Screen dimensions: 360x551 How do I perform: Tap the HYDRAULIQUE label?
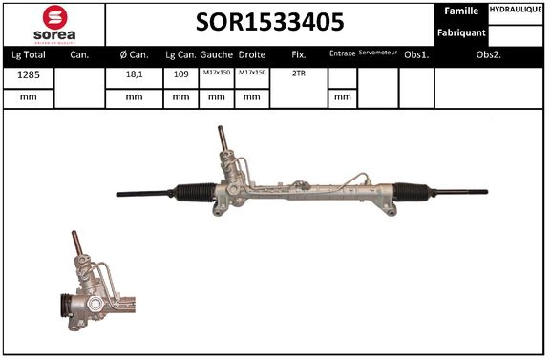pyautogui.click(x=517, y=9)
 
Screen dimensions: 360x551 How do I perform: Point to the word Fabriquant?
pyautogui.click(x=461, y=33)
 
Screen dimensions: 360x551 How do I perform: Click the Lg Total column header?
pyautogui.click(x=29, y=54)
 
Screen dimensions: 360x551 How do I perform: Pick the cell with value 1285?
pyautogui.click(x=29, y=74)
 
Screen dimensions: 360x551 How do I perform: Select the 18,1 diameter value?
pyautogui.click(x=133, y=74)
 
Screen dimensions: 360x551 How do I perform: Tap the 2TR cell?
pyautogui.click(x=298, y=74)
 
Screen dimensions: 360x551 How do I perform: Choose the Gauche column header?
pyautogui.click(x=218, y=54)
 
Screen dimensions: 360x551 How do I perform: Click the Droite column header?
pyautogui.click(x=252, y=54)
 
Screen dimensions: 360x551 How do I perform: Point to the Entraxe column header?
pyautogui.click(x=342, y=53)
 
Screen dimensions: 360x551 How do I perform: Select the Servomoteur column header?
pyautogui.click(x=377, y=53)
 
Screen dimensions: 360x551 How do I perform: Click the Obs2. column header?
pyautogui.click(x=490, y=54)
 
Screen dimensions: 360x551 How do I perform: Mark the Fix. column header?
pyautogui.click(x=298, y=54)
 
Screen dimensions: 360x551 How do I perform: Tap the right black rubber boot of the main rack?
pyautogui.click(x=414, y=191)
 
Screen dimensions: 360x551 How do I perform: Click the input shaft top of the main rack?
pyautogui.click(x=225, y=134)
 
